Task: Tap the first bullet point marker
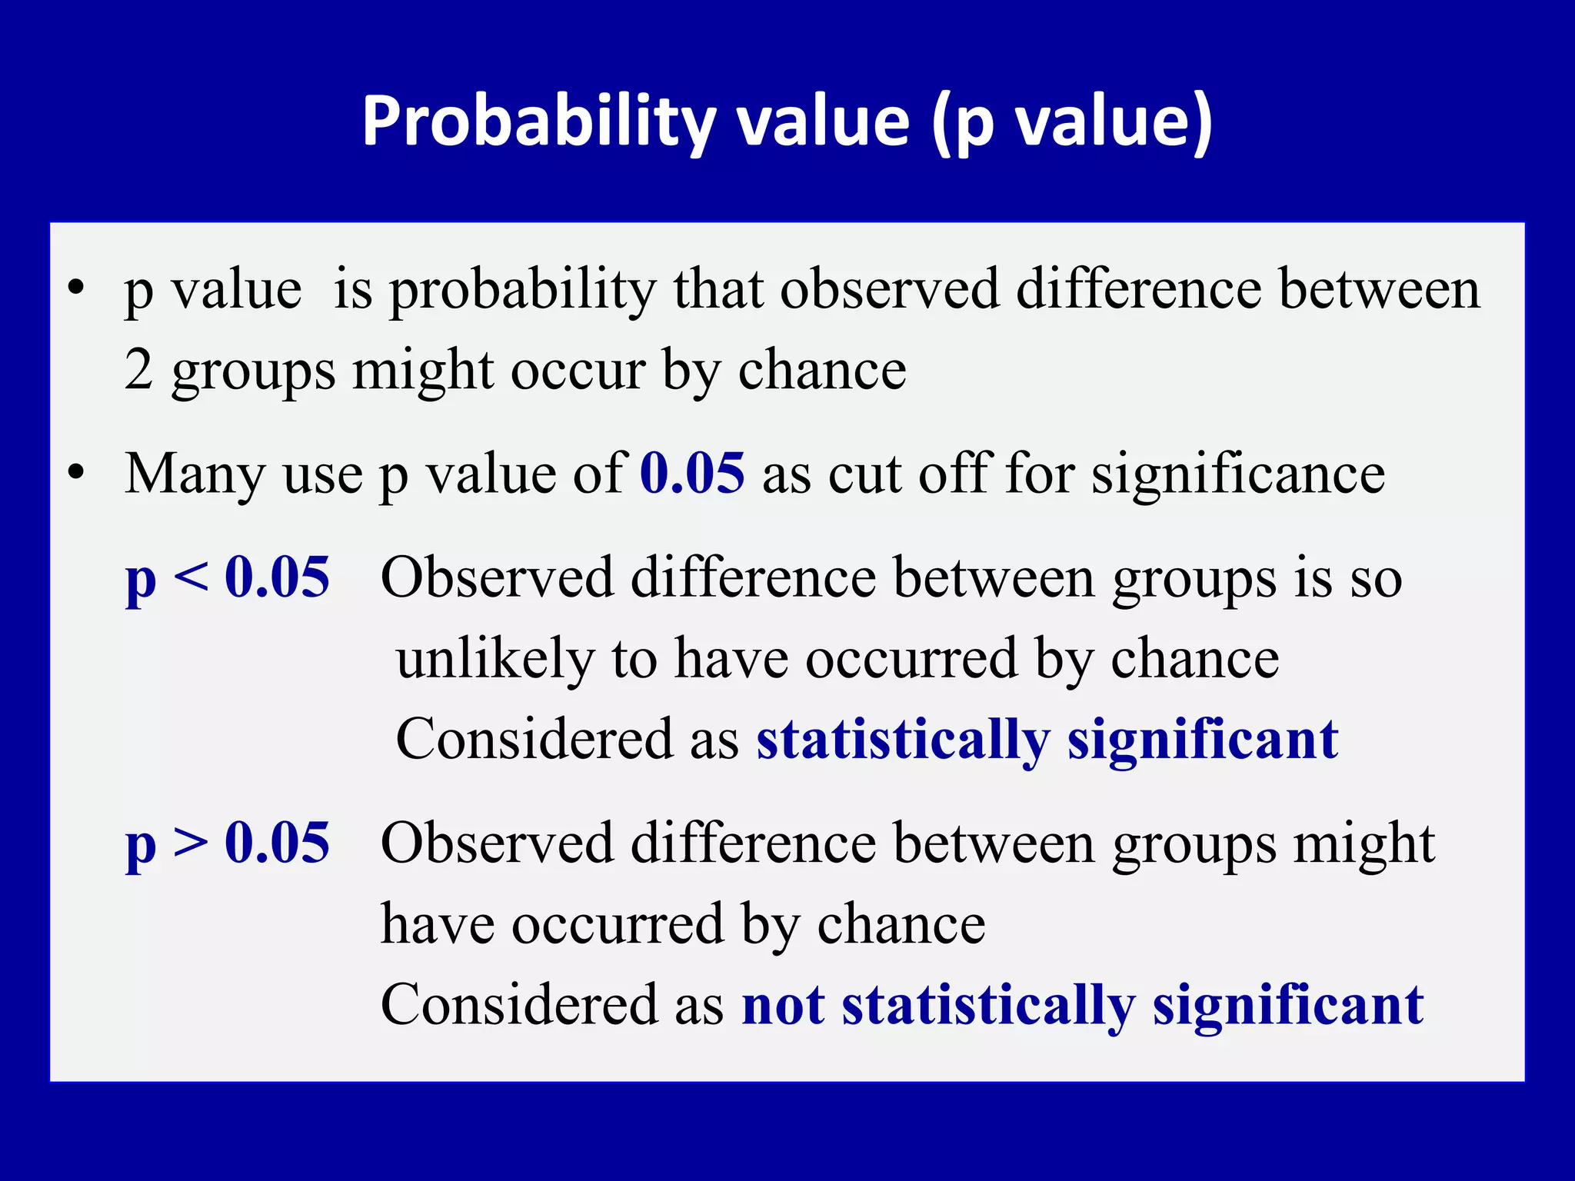[75, 289]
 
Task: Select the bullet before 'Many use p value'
[75, 472]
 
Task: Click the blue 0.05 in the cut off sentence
[692, 472]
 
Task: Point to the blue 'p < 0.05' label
[228, 577]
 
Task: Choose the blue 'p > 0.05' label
[228, 843]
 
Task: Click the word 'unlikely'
[495, 659]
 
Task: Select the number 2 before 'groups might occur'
[138, 370]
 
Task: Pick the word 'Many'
[195, 474]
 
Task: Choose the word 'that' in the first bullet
[718, 289]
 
